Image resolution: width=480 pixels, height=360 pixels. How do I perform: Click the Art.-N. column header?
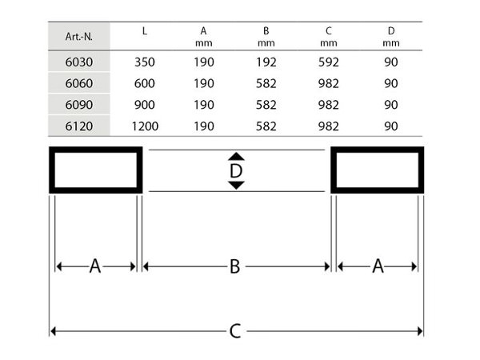coord(78,37)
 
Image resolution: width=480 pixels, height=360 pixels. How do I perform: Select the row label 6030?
coord(79,62)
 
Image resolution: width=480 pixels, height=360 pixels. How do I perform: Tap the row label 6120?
coord(79,126)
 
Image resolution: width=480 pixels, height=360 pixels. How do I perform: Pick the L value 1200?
coord(145,126)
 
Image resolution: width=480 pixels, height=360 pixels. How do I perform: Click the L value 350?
coord(145,62)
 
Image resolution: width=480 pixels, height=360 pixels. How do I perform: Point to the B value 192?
coord(266,62)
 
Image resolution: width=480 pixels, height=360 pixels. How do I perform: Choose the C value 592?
coord(329,62)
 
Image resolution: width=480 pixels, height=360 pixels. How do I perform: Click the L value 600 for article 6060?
coord(145,83)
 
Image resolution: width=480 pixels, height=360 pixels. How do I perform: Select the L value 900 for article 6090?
coord(145,105)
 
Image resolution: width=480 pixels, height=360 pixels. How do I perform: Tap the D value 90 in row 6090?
coord(391,105)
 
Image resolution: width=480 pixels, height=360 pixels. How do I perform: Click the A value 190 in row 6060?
coord(204,83)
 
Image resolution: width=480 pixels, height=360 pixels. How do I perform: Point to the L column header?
coord(145,30)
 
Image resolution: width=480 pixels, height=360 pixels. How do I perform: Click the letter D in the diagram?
coord(236,171)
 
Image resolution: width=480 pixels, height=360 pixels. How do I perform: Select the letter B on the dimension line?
coord(234,266)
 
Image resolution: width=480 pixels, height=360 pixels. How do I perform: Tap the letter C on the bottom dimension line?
coord(235,331)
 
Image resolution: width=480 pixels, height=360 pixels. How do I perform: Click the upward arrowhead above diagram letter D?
coord(236,157)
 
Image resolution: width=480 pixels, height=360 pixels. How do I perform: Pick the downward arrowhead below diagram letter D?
coord(236,186)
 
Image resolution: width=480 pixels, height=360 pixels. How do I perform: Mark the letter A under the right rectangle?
coord(378,266)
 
